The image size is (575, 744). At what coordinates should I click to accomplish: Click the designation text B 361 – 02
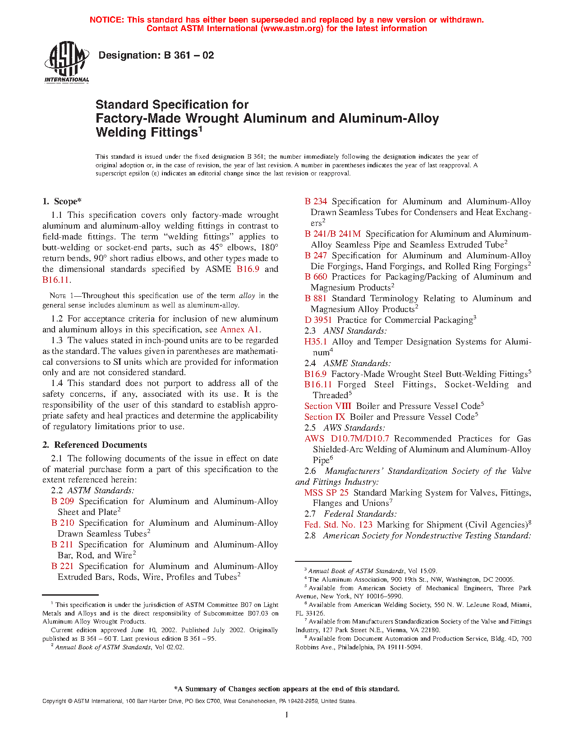[156, 55]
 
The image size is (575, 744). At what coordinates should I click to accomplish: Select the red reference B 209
[62, 501]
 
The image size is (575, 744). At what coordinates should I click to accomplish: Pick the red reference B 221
[62, 566]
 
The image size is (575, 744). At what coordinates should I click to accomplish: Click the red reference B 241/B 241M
[332, 234]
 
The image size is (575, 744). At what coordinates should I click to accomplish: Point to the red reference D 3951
[318, 320]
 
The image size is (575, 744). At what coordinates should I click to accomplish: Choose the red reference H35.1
[316, 342]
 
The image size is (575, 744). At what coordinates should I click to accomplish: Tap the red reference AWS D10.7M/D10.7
[346, 439]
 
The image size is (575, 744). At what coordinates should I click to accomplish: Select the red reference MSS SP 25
[326, 493]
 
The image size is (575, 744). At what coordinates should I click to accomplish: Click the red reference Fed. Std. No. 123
[338, 525]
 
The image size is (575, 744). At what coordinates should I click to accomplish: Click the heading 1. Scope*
[62, 202]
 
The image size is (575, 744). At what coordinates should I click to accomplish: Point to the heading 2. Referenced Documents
[95, 445]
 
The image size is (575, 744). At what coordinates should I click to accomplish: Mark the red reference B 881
[316, 299]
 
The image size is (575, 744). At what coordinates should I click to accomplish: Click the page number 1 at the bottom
[287, 715]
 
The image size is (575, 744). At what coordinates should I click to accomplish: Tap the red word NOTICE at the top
[106, 20]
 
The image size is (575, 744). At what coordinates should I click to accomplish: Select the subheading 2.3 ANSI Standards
[345, 331]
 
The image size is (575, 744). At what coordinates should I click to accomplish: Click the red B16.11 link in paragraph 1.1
[56, 280]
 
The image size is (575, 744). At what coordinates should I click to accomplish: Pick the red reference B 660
[316, 277]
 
